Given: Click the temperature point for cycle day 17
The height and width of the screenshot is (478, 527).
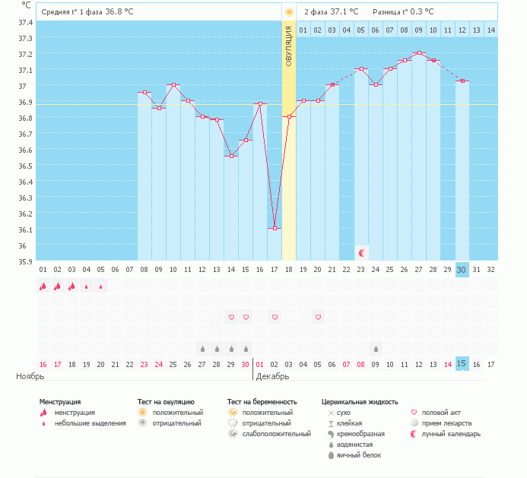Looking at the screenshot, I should click(275, 228).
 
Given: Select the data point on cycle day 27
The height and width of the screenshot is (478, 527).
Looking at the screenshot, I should click(419, 53).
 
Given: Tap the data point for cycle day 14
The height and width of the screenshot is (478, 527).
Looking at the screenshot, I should click(231, 156).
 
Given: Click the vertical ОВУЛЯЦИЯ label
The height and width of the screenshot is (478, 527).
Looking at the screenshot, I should click(289, 46).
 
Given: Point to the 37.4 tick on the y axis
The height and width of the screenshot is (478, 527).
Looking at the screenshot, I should click(25, 22).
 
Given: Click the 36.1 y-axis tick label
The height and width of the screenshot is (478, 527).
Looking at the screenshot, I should click(25, 230).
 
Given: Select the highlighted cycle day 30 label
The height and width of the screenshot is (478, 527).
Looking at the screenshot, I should click(462, 270).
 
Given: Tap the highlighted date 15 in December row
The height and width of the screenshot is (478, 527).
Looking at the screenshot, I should click(462, 363).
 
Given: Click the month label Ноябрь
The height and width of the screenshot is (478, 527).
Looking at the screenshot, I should click(30, 376).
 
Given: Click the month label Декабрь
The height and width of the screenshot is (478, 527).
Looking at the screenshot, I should click(272, 376).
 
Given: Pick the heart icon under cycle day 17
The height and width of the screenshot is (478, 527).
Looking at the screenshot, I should click(275, 317).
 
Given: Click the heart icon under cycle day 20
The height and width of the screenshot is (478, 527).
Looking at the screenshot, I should click(319, 317).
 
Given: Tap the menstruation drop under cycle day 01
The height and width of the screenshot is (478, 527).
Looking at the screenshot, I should click(43, 286).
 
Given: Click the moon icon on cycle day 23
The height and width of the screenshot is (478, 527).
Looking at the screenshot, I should click(362, 252).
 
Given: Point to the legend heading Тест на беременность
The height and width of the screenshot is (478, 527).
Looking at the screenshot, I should click(262, 401).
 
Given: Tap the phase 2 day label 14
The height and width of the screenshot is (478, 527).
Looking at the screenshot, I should click(491, 30).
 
